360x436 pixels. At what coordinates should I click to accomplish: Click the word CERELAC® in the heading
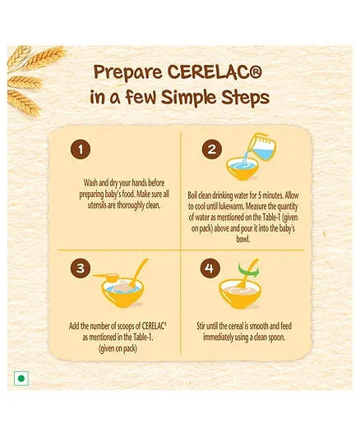click(215, 72)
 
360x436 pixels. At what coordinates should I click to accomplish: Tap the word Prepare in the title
click(128, 73)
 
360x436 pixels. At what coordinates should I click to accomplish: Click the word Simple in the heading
click(189, 98)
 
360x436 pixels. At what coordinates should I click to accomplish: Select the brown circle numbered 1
click(81, 149)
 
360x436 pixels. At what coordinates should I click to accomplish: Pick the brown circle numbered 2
click(212, 149)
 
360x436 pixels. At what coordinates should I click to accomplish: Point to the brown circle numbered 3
click(81, 268)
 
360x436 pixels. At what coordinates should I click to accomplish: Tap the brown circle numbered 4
click(210, 268)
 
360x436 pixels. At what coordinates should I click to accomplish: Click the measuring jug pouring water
click(261, 146)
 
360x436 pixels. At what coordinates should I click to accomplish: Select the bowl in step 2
click(242, 168)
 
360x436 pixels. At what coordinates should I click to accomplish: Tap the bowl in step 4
click(240, 295)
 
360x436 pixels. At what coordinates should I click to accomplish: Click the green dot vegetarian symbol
click(21, 379)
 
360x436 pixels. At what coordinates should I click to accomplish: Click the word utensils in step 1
click(97, 205)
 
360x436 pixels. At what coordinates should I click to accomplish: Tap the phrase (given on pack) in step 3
click(118, 348)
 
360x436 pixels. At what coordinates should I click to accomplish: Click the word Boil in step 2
click(192, 195)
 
